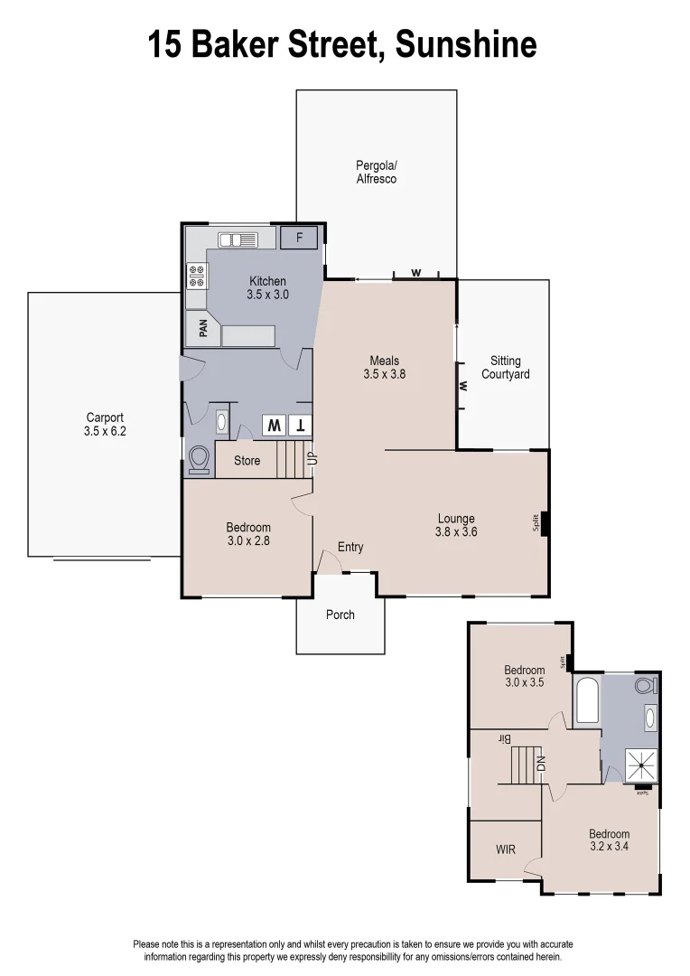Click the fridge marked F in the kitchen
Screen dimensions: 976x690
coord(299,239)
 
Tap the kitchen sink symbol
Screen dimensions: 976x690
coord(238,239)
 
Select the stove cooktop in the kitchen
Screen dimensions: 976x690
coord(196,275)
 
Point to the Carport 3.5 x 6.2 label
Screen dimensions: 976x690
coord(105,425)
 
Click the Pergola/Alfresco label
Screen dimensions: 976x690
coord(377,173)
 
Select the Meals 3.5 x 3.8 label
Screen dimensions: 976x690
coord(384,367)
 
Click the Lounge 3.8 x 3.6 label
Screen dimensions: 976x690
coord(456,525)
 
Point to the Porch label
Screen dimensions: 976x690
coord(340,615)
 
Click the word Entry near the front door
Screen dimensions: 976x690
coord(350,547)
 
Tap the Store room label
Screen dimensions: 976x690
coord(247,461)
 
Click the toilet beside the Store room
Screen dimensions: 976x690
coord(199,460)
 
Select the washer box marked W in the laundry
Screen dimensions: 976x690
coord(274,425)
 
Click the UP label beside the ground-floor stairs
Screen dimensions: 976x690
coord(312,458)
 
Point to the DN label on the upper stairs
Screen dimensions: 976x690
coord(542,763)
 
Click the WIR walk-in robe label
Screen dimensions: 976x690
coord(505,849)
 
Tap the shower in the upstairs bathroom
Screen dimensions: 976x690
coord(642,766)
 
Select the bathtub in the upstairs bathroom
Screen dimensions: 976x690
coord(587,702)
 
